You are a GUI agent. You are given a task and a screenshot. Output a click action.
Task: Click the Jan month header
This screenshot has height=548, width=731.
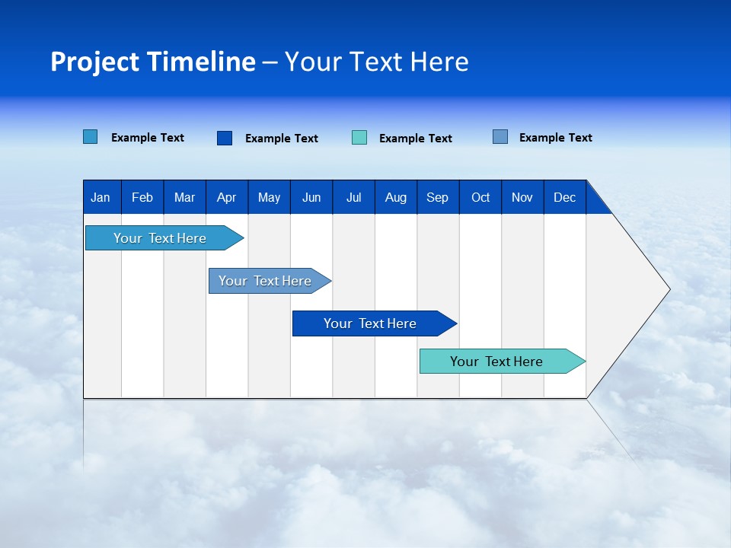point(101,197)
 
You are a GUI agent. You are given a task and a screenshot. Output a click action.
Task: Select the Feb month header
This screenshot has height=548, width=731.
point(142,197)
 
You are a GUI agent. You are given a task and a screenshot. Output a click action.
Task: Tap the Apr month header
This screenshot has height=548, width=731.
point(226,197)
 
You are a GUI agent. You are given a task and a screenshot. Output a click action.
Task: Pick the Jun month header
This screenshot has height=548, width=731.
point(311,197)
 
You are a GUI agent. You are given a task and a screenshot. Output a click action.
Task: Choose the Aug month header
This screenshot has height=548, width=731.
point(396,197)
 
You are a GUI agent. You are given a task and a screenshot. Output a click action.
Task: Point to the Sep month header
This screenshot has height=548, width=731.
point(438,197)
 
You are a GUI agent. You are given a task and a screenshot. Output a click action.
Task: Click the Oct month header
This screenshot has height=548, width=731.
point(480,197)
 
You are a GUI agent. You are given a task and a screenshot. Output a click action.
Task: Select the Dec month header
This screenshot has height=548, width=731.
point(565,197)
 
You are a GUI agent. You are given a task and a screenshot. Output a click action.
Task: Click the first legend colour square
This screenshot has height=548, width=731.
point(91,137)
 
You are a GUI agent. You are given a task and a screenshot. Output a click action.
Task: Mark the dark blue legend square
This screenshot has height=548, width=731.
point(225,138)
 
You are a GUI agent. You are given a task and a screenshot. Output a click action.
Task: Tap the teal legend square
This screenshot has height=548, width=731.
point(359,138)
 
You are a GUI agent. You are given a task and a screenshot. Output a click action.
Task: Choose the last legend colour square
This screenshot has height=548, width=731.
point(500,137)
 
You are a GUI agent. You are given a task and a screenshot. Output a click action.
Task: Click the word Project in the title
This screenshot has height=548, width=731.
point(95,62)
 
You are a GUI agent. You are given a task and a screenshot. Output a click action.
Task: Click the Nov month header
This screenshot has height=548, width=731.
point(522,197)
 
